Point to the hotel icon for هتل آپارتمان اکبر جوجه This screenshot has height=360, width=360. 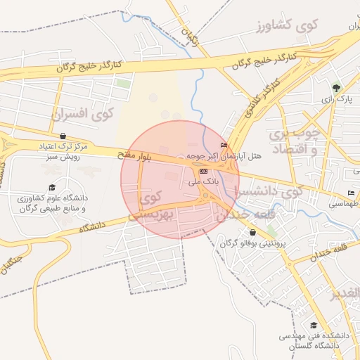point(224,146)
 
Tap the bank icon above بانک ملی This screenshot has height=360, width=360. point(203,171)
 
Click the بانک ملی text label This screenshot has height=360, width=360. point(203,181)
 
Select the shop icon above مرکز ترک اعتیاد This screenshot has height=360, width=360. point(64,136)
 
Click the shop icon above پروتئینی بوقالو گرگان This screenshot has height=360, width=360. point(252,232)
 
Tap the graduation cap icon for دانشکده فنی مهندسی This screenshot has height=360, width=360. point(314,325)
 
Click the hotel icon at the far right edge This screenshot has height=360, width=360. point(351,193)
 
